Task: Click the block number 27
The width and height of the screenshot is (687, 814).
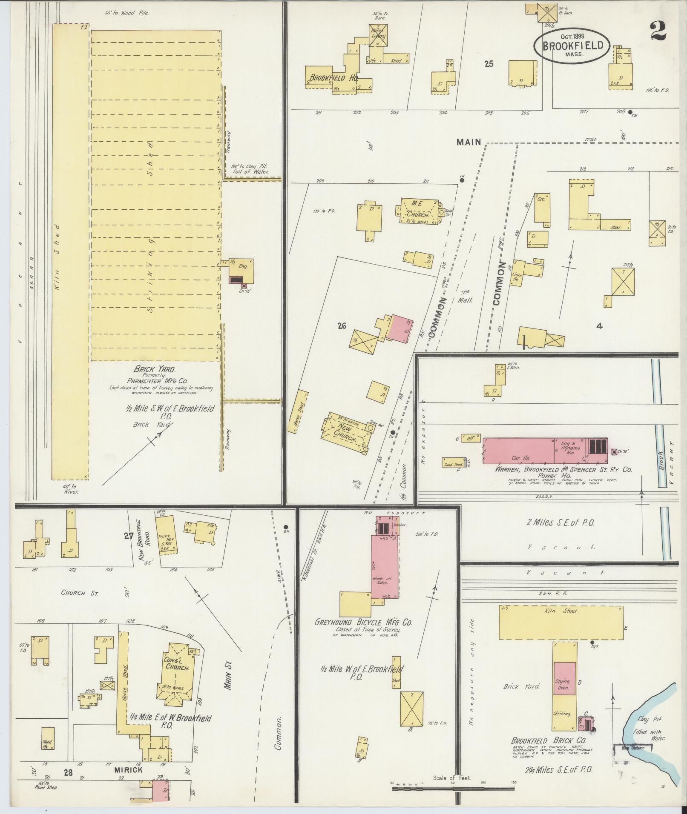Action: (129, 537)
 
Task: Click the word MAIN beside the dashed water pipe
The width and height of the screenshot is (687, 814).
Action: (469, 143)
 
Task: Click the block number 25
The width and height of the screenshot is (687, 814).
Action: (489, 64)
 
